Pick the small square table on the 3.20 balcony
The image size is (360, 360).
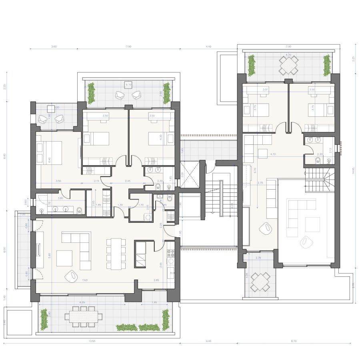[51, 108]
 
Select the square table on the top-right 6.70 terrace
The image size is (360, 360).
[288, 64]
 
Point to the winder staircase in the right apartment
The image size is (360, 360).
[320, 179]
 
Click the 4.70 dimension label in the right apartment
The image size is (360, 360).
[274, 154]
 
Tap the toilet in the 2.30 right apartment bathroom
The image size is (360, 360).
[317, 161]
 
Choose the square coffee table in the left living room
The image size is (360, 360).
[64, 258]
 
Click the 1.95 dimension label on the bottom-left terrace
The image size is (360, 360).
[154, 302]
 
